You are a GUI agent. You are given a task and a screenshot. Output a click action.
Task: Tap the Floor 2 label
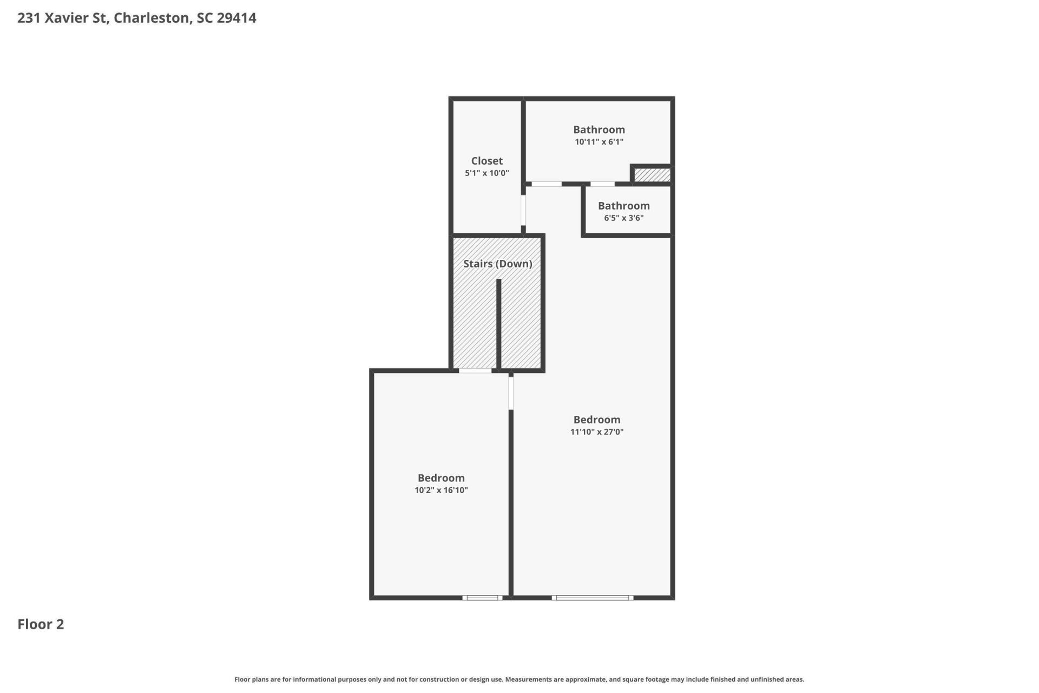[x=41, y=624]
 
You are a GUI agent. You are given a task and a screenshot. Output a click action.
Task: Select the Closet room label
[x=487, y=161]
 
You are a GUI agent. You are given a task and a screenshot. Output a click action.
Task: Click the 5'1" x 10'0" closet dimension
[x=487, y=173]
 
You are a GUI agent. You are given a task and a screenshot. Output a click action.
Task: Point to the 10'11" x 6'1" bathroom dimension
[x=599, y=142]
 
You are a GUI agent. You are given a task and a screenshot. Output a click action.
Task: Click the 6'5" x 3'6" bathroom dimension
[x=624, y=218]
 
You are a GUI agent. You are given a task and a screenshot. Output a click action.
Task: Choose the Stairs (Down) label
[x=498, y=264]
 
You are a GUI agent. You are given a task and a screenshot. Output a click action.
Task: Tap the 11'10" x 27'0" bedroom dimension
[x=597, y=432]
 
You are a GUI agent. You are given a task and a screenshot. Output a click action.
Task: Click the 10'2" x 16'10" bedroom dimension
[x=441, y=491]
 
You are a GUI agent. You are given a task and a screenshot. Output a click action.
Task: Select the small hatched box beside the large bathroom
[x=652, y=175]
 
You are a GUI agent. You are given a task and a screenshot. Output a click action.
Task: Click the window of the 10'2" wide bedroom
[x=482, y=598]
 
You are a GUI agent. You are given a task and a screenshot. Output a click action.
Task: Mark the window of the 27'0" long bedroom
[x=593, y=598]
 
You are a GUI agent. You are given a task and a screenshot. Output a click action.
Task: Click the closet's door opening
[x=523, y=210]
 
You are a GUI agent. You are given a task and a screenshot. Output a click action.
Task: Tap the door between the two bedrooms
[x=511, y=393]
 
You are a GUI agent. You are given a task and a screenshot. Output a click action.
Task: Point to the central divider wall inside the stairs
[x=499, y=324]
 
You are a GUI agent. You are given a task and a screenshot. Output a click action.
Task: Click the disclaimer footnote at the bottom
[x=519, y=679]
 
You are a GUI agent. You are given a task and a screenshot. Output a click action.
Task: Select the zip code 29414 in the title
[x=236, y=18]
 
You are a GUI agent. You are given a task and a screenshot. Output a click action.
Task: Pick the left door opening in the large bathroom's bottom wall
[x=547, y=184]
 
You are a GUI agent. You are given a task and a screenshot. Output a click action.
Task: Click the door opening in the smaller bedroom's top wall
[x=475, y=371]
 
